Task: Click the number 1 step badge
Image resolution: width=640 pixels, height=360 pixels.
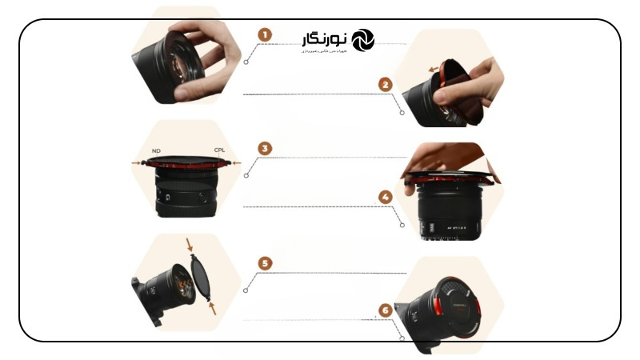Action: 265,34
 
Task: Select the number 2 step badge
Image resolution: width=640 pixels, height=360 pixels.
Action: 386,83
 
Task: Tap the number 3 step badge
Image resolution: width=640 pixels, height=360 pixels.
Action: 265,148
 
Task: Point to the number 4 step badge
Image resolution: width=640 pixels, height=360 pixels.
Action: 386,196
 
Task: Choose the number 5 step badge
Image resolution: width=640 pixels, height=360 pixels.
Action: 265,262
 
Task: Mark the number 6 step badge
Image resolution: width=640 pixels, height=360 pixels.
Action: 386,309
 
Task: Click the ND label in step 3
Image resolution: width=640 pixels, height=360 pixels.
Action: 156,150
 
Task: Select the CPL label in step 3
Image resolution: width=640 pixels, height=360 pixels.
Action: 219,150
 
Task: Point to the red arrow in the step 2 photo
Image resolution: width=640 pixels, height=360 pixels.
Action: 437,70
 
